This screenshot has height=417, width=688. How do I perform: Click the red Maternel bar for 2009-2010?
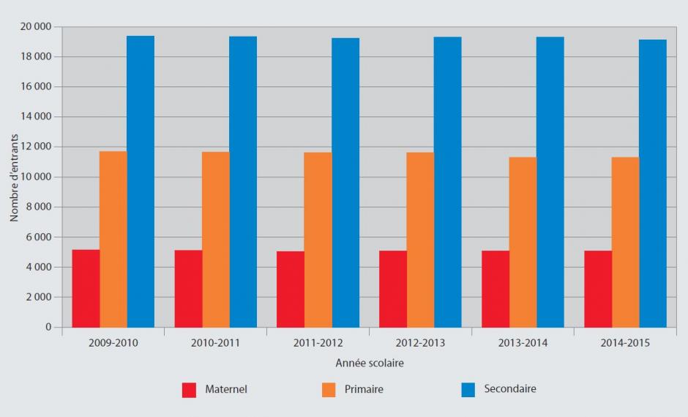tap(86, 289)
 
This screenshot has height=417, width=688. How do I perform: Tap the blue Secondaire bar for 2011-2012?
tap(345, 182)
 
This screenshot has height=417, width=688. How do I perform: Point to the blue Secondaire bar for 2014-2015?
tap(653, 183)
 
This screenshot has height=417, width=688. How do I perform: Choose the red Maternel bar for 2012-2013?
tap(393, 289)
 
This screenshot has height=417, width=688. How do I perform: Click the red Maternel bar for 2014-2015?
tap(598, 289)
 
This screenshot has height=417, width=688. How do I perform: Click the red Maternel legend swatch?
tap(190, 390)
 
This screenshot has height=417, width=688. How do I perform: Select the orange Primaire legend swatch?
tap(329, 390)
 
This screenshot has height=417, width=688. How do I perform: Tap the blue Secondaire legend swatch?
tap(468, 390)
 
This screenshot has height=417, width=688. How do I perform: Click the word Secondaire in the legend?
tap(510, 389)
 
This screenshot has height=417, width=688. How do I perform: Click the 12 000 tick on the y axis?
tap(37, 147)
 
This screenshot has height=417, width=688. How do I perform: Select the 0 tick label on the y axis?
tap(48, 328)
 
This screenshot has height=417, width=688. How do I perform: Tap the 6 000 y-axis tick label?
tap(40, 237)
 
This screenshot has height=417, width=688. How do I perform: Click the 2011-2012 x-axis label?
tap(318, 343)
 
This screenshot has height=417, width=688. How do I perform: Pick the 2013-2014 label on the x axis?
tap(523, 343)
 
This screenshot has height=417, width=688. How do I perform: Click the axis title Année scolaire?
tap(370, 364)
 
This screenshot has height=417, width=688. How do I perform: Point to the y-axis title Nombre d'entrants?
tap(15, 177)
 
